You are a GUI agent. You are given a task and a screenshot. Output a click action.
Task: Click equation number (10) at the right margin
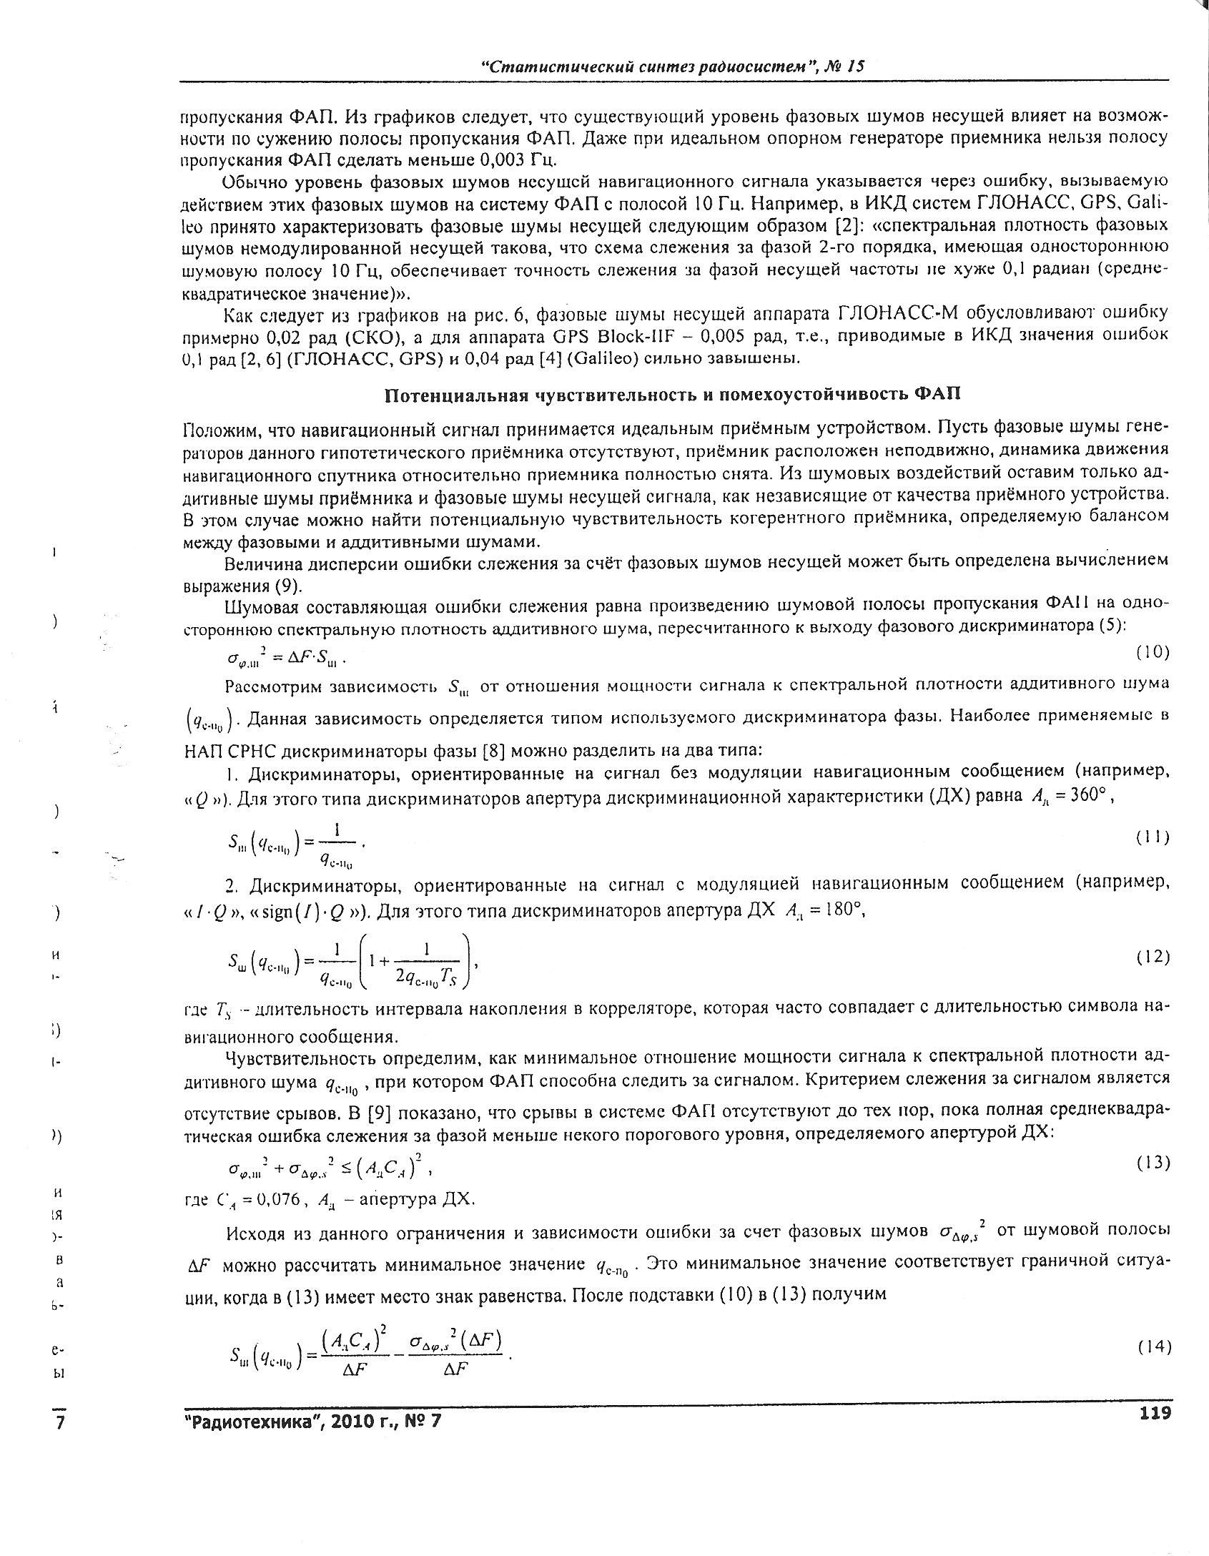click(x=1153, y=651)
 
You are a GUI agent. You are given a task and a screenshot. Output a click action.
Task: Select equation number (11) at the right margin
click(x=1153, y=838)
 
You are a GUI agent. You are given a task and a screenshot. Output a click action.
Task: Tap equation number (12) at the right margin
click(x=1153, y=957)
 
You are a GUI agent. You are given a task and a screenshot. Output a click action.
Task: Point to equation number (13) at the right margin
click(x=1153, y=1163)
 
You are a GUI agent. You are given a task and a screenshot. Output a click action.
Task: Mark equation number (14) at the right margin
click(x=1153, y=1346)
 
